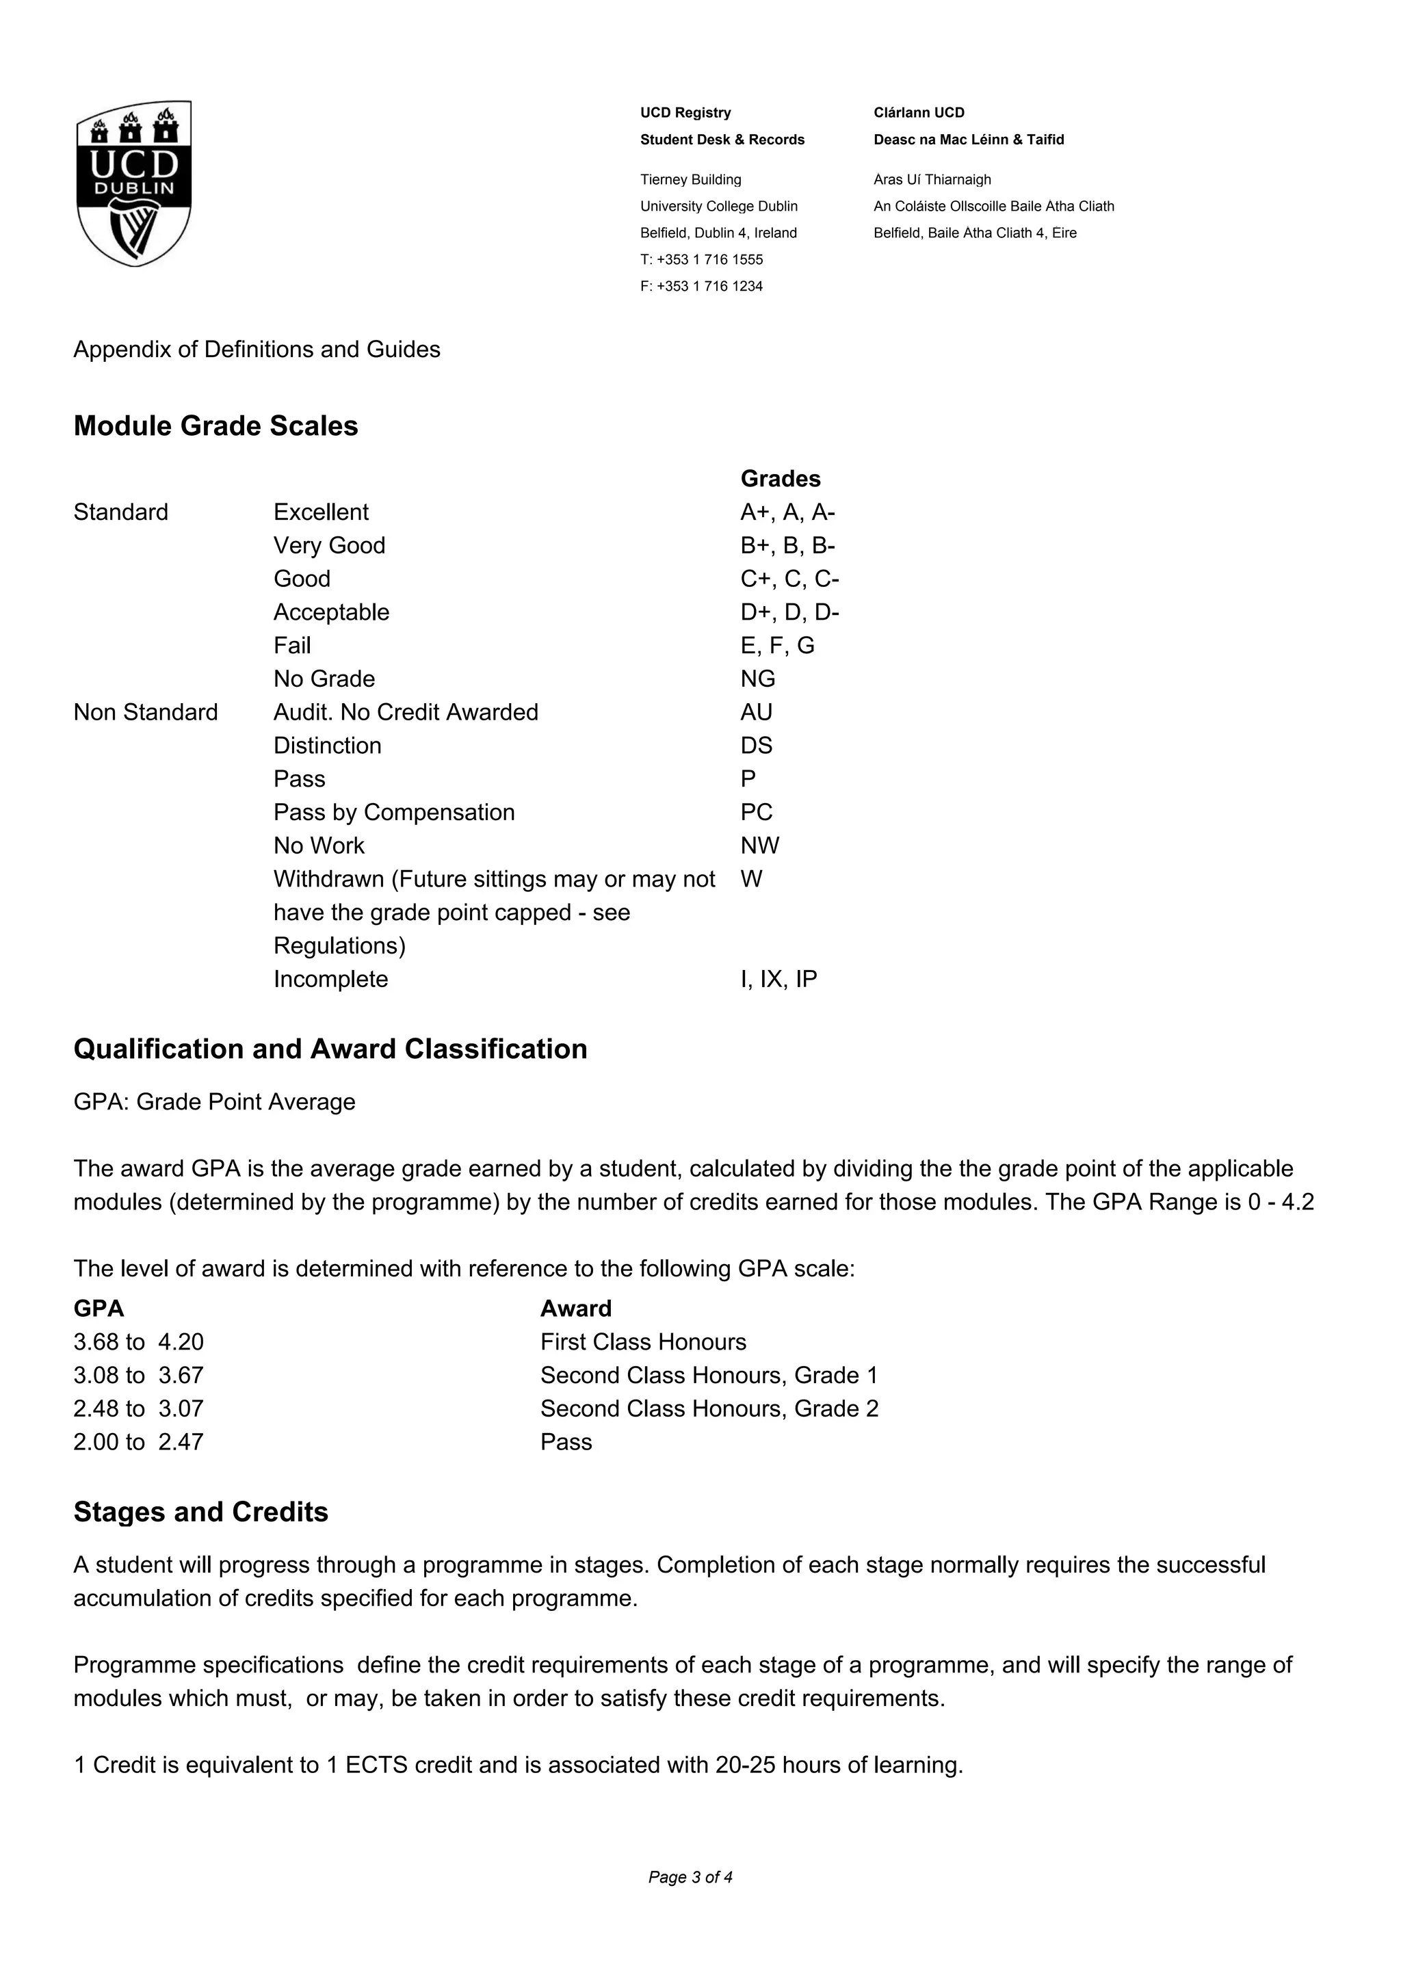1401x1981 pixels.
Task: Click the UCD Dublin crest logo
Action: click(133, 183)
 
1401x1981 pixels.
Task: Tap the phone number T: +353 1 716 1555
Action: click(701, 260)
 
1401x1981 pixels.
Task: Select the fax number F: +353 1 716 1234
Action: click(701, 287)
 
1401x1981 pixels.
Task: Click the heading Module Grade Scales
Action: click(215, 426)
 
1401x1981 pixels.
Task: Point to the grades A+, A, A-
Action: click(787, 512)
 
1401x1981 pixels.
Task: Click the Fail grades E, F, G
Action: click(777, 645)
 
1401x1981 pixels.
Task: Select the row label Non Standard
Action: click(146, 713)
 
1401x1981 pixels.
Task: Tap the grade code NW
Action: click(759, 845)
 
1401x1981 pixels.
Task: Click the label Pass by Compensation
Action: click(394, 813)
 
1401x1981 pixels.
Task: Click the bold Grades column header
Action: click(781, 479)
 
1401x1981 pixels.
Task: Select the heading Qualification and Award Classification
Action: click(330, 1049)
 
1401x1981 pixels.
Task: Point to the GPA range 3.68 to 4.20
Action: click(139, 1343)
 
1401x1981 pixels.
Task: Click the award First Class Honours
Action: click(644, 1343)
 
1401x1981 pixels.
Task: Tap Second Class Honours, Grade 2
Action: click(709, 1409)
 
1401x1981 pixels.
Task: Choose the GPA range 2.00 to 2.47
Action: click(139, 1443)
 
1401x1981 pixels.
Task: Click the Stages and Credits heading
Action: click(201, 1512)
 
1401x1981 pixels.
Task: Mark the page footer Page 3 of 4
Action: click(690, 1878)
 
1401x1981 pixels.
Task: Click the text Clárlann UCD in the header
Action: click(919, 113)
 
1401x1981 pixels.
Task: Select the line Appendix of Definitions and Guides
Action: click(257, 350)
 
